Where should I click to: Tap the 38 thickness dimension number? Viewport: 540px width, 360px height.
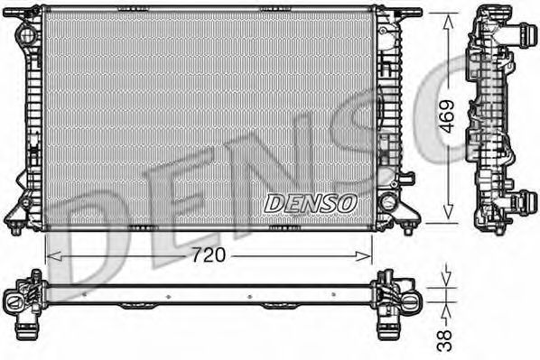point(443,339)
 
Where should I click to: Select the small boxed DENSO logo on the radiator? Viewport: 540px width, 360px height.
point(310,203)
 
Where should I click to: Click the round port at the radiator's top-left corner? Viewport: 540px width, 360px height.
point(26,36)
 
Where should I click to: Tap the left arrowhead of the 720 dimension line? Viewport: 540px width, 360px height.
point(51,256)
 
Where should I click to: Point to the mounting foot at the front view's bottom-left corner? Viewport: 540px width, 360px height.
point(16,226)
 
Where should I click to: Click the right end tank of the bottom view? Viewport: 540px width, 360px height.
point(397,299)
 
